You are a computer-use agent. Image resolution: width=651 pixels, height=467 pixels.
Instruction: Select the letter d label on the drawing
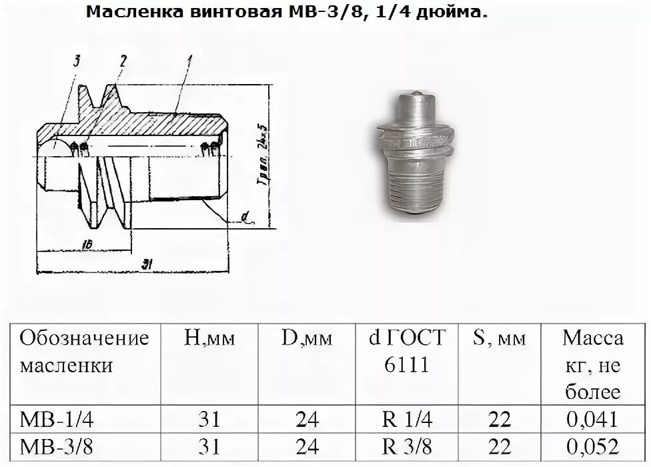[x=245, y=215]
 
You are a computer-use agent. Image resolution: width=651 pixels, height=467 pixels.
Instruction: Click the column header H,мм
[x=209, y=338]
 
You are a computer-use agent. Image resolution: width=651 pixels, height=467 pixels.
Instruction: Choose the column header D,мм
[x=306, y=338]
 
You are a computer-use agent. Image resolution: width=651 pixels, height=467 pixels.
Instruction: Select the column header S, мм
[x=500, y=338]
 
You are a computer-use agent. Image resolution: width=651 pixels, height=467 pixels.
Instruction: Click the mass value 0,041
[x=593, y=420]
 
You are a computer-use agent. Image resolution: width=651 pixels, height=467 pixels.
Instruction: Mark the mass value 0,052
[x=593, y=446]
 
